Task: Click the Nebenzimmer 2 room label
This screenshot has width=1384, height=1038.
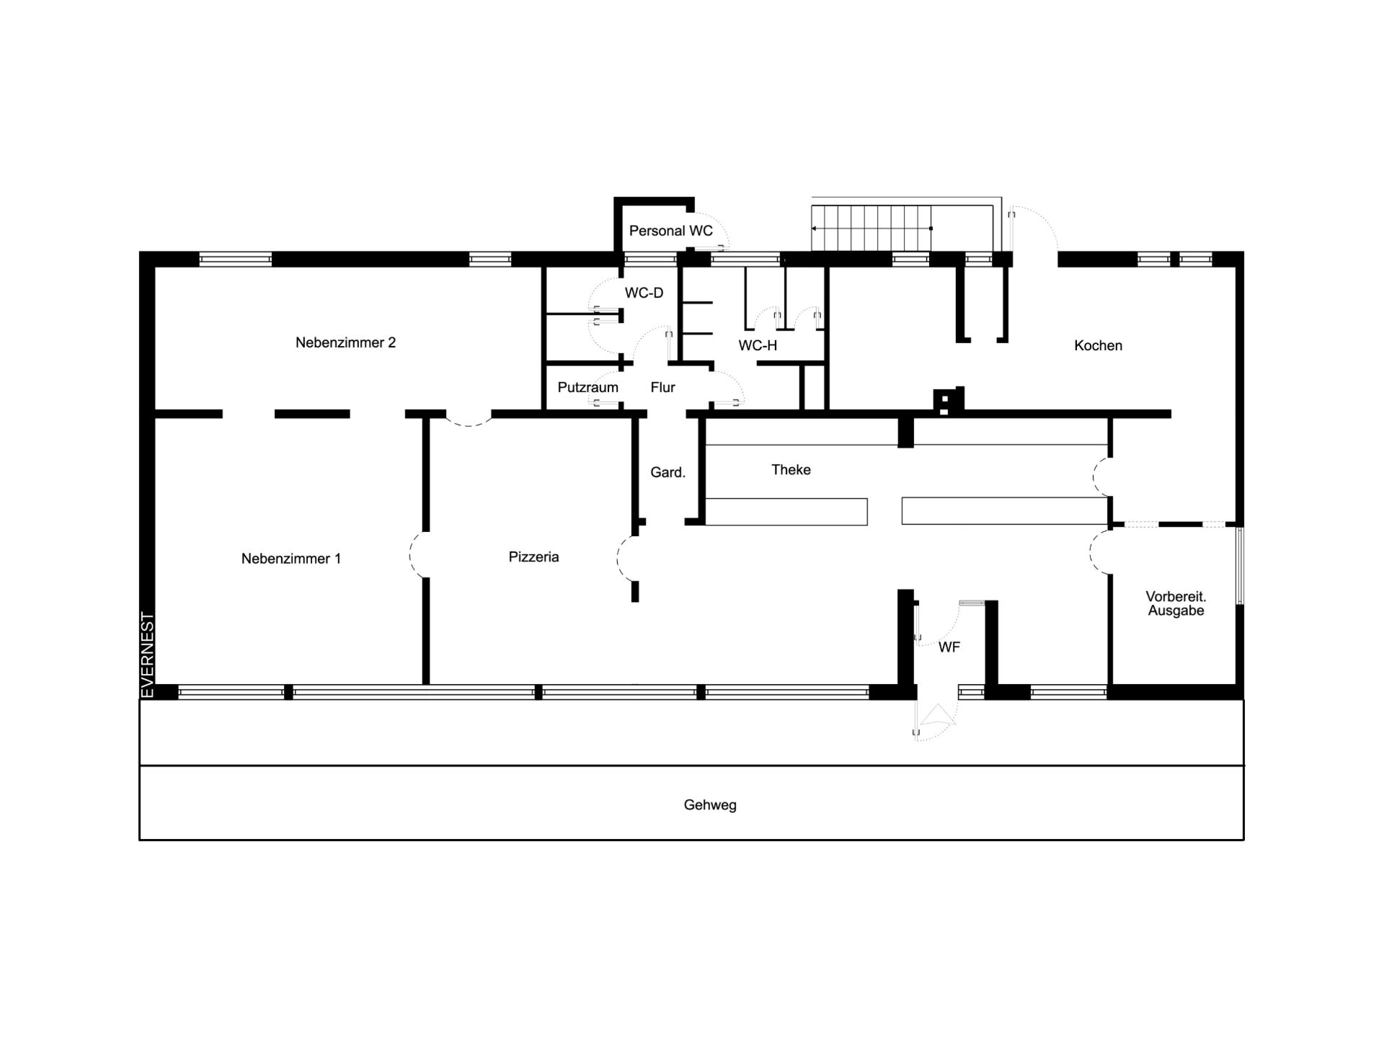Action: pyautogui.click(x=345, y=342)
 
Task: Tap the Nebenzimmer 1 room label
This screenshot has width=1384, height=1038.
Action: pyautogui.click(x=291, y=559)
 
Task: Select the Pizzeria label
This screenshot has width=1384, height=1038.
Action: pyautogui.click(x=533, y=556)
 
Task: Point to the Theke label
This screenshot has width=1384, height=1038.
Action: pyautogui.click(x=791, y=470)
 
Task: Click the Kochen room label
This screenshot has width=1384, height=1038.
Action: pyautogui.click(x=1098, y=345)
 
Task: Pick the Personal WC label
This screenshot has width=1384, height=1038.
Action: pyautogui.click(x=670, y=231)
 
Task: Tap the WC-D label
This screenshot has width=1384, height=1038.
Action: pyautogui.click(x=644, y=293)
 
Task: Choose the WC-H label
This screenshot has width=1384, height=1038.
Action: pyautogui.click(x=758, y=346)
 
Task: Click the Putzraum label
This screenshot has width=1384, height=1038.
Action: pyautogui.click(x=587, y=387)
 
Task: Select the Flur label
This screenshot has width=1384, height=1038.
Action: pyautogui.click(x=662, y=387)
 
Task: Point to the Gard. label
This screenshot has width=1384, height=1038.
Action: pyautogui.click(x=667, y=473)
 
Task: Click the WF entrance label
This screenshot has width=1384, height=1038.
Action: pyautogui.click(x=949, y=647)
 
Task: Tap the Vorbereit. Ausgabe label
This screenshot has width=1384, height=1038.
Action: pyautogui.click(x=1176, y=603)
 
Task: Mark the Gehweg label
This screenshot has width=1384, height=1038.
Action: pyautogui.click(x=710, y=805)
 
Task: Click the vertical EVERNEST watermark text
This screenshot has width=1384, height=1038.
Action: pyautogui.click(x=147, y=655)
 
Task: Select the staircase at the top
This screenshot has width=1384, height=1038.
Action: pyautogui.click(x=871, y=228)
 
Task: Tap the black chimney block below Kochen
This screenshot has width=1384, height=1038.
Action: pyautogui.click(x=949, y=400)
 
